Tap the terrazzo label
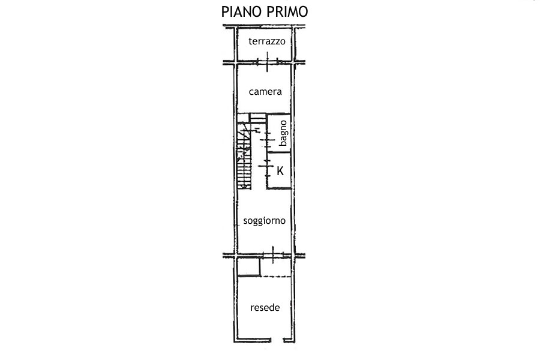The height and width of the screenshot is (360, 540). click(x=267, y=41)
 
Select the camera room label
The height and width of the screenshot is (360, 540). click(x=265, y=92)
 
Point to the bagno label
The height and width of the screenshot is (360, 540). click(x=283, y=133)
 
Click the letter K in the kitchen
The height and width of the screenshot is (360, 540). click(x=280, y=171)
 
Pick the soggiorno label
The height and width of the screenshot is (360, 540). click(x=265, y=221)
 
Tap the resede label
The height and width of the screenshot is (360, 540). click(x=265, y=308)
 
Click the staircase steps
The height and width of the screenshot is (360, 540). click(x=244, y=156)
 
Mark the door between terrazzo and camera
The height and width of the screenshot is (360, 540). click(x=267, y=62)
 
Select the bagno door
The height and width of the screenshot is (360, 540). click(x=266, y=140)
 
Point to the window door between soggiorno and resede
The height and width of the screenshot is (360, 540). click(x=273, y=255)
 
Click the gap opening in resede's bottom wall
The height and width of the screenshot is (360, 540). click(x=277, y=340)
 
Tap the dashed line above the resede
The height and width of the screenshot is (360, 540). click(x=275, y=276)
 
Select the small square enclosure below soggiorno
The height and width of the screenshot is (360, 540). click(x=248, y=267)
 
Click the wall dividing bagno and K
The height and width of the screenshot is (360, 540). click(x=279, y=152)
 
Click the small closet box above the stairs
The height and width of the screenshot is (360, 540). click(x=257, y=118)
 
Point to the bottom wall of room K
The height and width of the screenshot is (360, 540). click(x=279, y=188)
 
